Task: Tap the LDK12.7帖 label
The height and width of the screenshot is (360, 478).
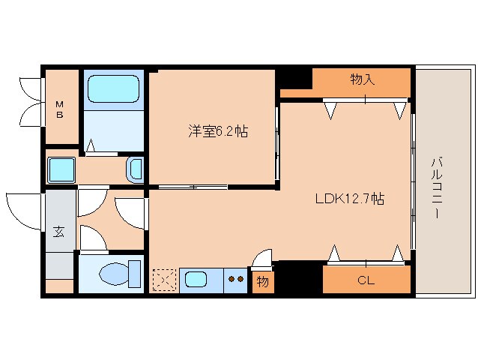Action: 349,199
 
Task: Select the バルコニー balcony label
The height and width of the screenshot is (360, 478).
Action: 435,187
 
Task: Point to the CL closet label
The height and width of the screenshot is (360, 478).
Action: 366,281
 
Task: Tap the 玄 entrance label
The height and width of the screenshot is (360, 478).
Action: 58,232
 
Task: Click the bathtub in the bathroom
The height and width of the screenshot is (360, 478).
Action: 113,90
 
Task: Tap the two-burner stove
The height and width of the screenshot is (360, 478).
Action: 236,280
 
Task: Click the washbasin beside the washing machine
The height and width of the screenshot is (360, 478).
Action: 136,169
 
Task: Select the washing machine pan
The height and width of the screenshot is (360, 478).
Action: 61,170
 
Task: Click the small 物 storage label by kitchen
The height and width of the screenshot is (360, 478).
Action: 262,282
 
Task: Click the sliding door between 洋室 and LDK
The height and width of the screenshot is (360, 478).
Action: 277,142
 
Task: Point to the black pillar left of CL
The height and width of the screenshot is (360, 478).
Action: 298,277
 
